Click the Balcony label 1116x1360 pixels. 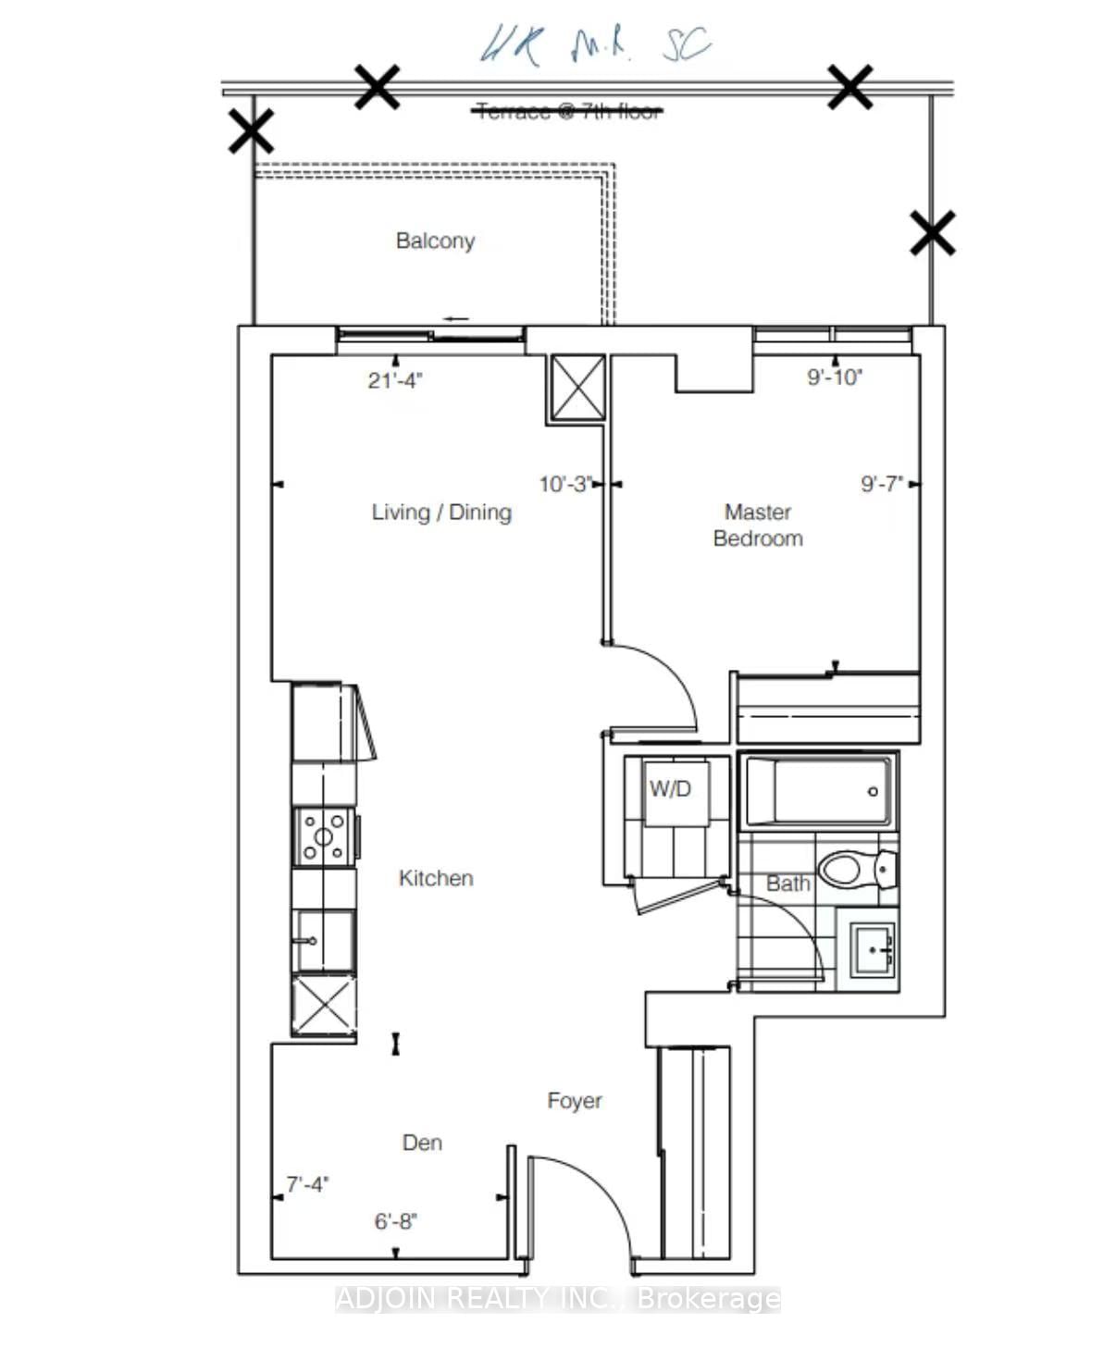[x=435, y=241]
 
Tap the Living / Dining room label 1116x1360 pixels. [x=441, y=512]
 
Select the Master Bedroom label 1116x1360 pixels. [x=758, y=525]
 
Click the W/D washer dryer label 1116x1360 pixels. [x=670, y=789]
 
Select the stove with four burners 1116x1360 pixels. [x=324, y=837]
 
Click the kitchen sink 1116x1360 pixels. [x=323, y=941]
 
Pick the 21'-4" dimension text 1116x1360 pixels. [x=395, y=380]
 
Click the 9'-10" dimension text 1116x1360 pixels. [x=835, y=377]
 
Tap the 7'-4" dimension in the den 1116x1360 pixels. [x=307, y=1184]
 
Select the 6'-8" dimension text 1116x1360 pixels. [x=396, y=1221]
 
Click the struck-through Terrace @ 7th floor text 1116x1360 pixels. [x=569, y=112]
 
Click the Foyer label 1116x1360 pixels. [x=575, y=1100]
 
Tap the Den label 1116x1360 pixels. [x=422, y=1143]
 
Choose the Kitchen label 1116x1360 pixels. [x=436, y=878]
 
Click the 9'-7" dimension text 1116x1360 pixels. [x=881, y=484]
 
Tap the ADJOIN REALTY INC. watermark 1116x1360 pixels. [x=558, y=1299]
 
